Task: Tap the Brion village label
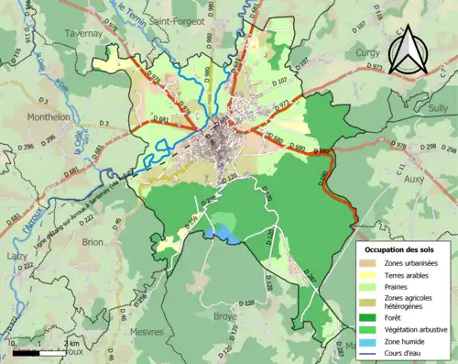(93, 242)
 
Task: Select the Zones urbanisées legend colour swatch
(370, 263)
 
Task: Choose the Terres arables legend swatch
(370, 275)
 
